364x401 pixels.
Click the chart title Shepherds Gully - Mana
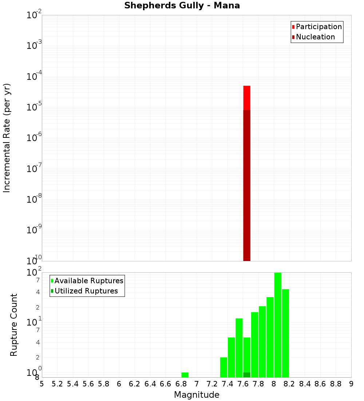point(182,6)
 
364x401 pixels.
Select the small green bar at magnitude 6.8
point(185,375)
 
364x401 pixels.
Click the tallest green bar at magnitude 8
point(278,324)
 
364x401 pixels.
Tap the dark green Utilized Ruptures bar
point(247,375)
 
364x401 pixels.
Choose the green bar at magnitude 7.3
point(223,367)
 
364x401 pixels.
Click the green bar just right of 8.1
point(285,333)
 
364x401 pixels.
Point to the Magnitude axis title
point(197,395)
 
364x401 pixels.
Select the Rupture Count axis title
point(14,324)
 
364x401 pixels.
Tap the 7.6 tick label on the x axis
point(243,384)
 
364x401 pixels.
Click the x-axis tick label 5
point(42,384)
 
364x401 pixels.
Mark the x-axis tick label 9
point(351,384)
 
